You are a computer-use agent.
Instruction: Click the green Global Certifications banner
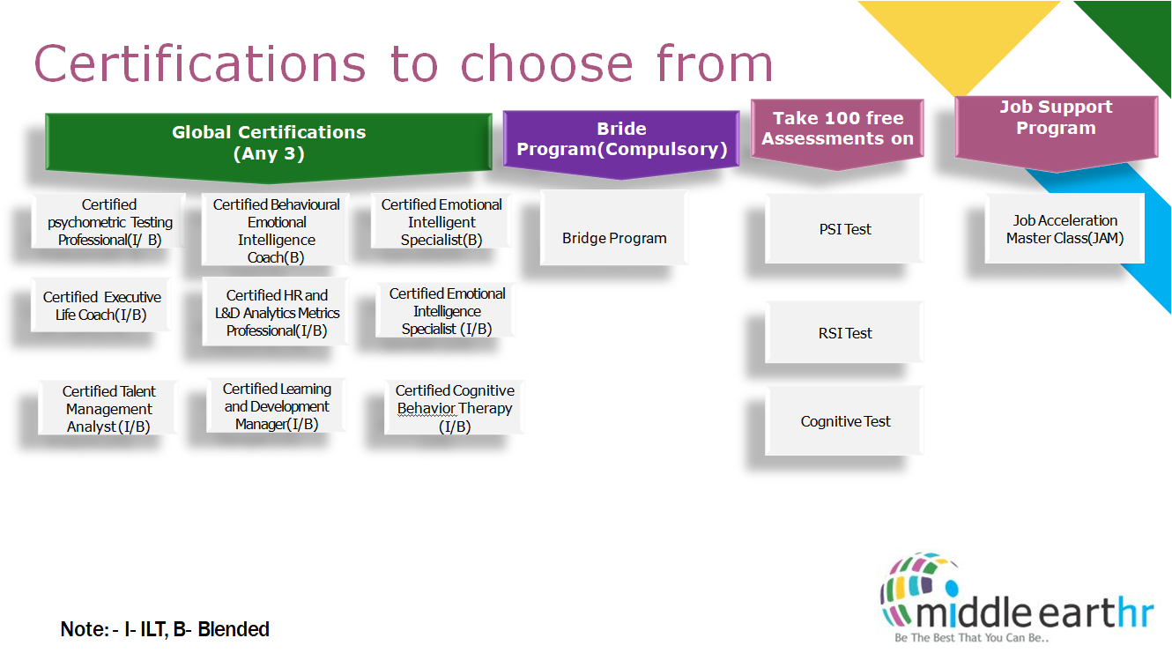(269, 142)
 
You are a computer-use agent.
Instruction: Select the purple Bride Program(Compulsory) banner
(621, 139)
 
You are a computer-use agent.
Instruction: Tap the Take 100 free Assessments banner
(837, 129)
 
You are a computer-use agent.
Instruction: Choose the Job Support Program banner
(1056, 118)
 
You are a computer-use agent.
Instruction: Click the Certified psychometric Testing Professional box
(109, 222)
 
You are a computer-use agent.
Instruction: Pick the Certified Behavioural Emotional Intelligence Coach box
(276, 230)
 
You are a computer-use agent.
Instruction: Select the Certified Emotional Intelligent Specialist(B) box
(441, 222)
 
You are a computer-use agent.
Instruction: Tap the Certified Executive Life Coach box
(102, 306)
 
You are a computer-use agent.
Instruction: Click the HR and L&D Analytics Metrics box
(276, 313)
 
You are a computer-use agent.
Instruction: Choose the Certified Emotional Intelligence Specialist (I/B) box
(447, 311)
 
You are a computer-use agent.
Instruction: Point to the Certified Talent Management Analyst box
(108, 409)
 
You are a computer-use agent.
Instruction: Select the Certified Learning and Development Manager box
(277, 406)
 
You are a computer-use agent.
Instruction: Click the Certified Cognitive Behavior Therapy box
(455, 408)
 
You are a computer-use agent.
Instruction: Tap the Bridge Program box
(614, 238)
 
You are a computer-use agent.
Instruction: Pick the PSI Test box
(845, 229)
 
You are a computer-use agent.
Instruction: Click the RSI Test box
(845, 333)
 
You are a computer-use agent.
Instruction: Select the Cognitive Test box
(845, 421)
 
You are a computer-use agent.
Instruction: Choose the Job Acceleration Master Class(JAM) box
(1064, 229)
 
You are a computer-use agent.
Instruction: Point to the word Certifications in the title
(199, 63)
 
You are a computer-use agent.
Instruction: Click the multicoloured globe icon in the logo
(920, 581)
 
